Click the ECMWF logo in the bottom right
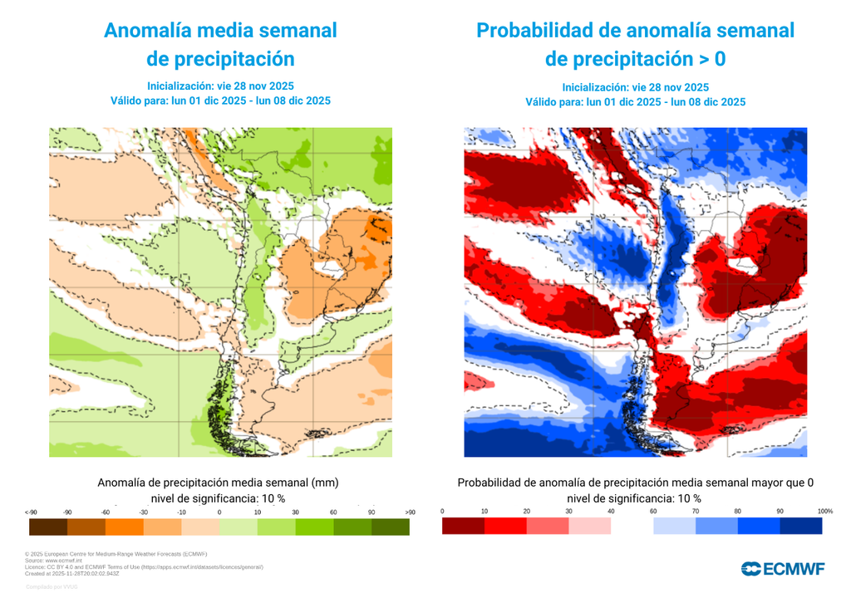pos(782,568)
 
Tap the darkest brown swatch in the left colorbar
pos(47,527)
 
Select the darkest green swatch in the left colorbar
pos(389,527)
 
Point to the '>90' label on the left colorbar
pos(410,512)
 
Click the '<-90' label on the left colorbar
pos(31,512)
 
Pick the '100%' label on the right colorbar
pos(824,512)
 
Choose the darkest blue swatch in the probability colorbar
pos(801,527)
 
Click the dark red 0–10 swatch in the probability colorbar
pos(463,527)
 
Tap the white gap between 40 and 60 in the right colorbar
pos(632,527)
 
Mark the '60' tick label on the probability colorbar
pos(653,512)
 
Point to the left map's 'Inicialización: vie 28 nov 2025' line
pos(220,86)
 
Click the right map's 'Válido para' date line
pos(635,102)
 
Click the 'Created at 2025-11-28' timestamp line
pos(72,572)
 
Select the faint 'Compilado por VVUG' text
pos(52,587)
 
